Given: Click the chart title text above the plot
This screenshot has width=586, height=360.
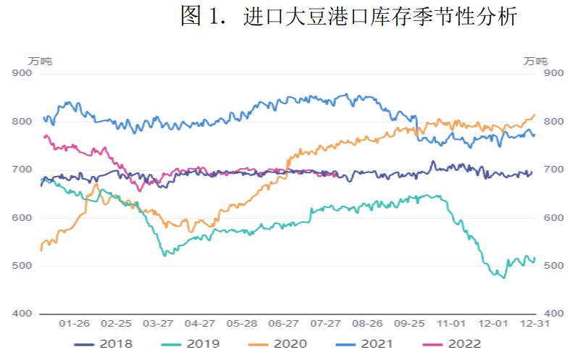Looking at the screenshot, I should [348, 17].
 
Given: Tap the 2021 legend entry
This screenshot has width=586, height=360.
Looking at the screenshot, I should [366, 343].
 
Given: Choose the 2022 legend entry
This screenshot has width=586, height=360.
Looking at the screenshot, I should [453, 343].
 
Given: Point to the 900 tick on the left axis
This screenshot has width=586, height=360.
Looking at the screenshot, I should [22, 73].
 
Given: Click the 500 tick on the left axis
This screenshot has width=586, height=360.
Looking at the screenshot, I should [22, 266].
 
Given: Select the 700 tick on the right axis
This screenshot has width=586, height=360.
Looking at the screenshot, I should [553, 169].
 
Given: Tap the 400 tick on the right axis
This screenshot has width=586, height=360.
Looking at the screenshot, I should [553, 314].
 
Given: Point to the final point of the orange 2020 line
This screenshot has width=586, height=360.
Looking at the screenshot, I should [535, 114].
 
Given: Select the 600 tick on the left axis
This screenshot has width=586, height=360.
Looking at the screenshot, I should [22, 217].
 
